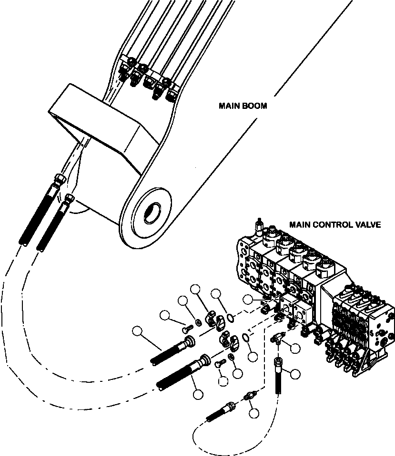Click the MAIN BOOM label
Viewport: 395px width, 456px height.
coord(243,106)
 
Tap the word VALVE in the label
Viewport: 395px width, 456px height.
coord(367,224)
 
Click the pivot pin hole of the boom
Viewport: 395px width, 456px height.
coord(153,213)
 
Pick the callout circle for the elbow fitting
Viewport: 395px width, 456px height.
coord(295,348)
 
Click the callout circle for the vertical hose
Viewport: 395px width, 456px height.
coord(295,374)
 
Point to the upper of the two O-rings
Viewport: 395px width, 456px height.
coord(230,318)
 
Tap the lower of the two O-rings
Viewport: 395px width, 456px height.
coord(246,338)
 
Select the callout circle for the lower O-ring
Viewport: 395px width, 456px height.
coord(253,357)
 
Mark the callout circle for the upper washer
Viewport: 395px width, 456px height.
coord(183,301)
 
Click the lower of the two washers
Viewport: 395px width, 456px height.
coord(232,357)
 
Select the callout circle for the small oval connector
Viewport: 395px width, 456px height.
coord(254,413)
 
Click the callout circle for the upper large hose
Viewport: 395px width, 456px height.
coord(137,331)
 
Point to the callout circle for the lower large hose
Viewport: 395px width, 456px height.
coord(198,394)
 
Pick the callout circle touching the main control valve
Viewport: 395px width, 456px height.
coord(247,300)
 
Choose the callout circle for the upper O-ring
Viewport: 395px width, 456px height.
coord(216,294)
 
